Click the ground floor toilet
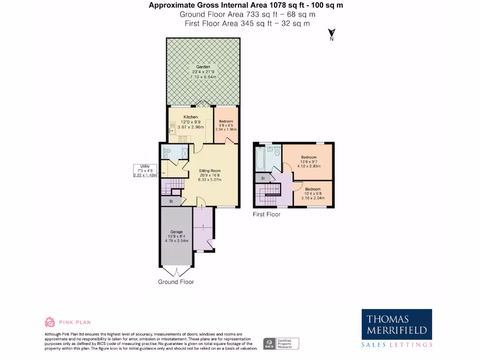(x=167, y=151)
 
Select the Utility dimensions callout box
(x=144, y=171)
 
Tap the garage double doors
(x=176, y=271)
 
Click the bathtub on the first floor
(x=260, y=159)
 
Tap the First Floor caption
(x=266, y=214)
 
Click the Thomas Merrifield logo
(x=397, y=329)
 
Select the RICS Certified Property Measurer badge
(x=281, y=344)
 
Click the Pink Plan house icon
(x=50, y=322)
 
